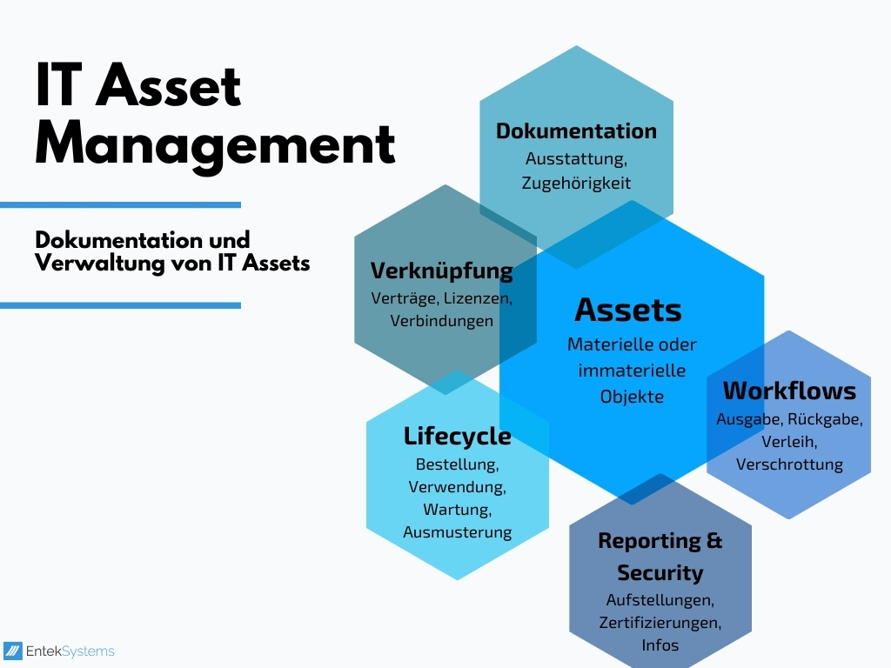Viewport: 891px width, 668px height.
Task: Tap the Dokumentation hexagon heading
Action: click(576, 131)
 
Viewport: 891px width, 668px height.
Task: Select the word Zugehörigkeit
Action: click(576, 183)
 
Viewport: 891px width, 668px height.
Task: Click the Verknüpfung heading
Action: click(442, 271)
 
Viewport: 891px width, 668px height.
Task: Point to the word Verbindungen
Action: click(442, 320)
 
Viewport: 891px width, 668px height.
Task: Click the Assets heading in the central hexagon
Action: click(628, 310)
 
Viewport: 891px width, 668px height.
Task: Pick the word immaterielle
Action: click(632, 371)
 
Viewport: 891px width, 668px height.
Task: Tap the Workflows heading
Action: click(789, 390)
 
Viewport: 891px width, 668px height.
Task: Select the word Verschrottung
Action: click(789, 464)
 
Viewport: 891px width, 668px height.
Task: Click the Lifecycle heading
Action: click(457, 435)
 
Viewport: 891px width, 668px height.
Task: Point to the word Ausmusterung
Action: click(457, 531)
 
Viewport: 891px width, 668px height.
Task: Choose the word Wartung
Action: click(457, 509)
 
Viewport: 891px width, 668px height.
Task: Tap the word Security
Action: click(660, 572)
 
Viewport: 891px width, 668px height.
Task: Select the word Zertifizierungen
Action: click(660, 623)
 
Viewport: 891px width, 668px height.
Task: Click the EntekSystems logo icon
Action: click(13, 651)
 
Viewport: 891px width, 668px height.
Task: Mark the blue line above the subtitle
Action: click(120, 205)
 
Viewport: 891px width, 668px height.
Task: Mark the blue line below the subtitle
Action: click(120, 305)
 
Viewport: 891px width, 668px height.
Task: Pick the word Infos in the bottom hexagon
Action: click(660, 645)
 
